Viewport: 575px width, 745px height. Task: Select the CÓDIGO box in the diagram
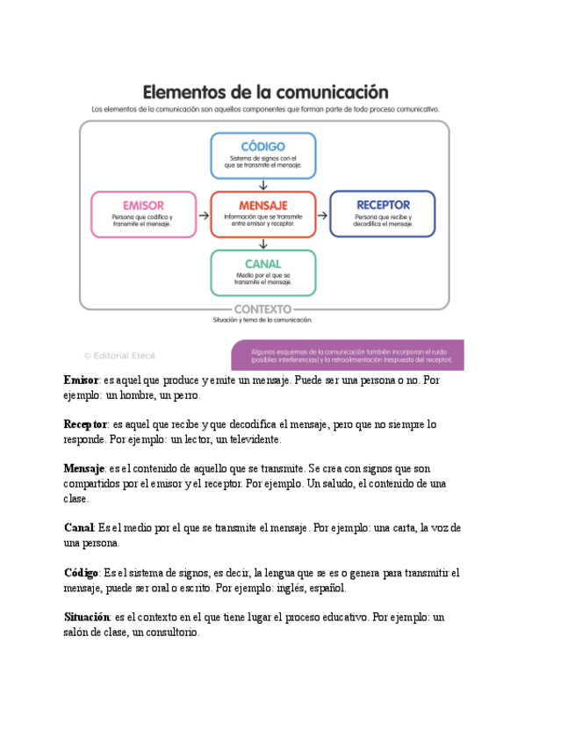[263, 155]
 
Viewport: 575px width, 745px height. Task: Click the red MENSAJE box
[263, 214]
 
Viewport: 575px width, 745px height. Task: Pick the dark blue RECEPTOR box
[383, 214]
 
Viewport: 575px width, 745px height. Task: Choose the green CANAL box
[263, 272]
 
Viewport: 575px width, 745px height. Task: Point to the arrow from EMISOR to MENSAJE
[204, 214]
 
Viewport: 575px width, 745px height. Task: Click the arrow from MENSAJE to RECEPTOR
[322, 214]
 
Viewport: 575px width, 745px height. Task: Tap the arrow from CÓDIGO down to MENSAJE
[263, 184]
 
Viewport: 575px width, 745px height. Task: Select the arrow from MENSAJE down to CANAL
[263, 244]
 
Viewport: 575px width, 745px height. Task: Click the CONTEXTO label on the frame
[263, 309]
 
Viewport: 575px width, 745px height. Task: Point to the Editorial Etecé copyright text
[119, 356]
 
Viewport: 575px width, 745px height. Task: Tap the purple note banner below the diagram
[347, 355]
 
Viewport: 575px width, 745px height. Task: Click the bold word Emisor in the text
[81, 380]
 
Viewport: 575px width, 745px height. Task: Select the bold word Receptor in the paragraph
[85, 424]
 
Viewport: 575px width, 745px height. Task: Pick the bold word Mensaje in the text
[84, 468]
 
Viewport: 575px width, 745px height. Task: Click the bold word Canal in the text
[78, 528]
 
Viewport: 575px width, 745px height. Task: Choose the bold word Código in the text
[82, 573]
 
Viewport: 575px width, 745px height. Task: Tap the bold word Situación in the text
[87, 617]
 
